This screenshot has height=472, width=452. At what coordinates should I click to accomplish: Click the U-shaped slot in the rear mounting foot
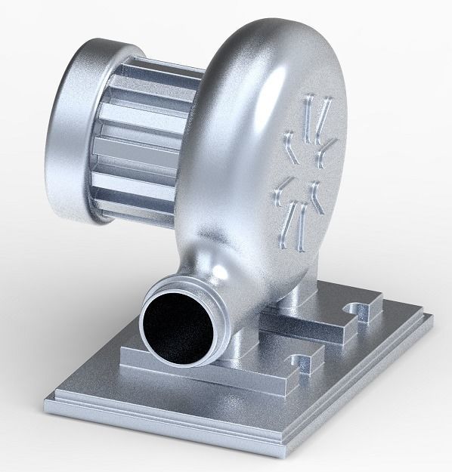click(x=353, y=307)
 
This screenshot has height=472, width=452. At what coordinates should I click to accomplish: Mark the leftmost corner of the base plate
click(x=48, y=393)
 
